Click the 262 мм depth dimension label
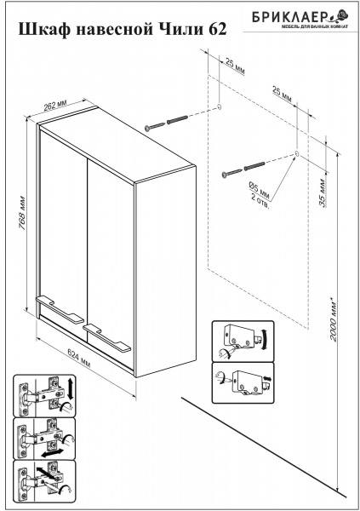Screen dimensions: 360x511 55,105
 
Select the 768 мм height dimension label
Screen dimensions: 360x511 22,213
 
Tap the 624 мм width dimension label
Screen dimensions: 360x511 78,358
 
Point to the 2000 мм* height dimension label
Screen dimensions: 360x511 333,318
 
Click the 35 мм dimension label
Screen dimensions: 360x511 322,192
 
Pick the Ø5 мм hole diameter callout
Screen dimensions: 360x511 260,191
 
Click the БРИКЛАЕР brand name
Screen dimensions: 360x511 289,17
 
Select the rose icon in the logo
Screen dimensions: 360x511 340,15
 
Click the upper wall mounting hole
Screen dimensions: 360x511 219,106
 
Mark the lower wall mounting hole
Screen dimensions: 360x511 296,153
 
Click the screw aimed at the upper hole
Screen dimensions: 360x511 155,126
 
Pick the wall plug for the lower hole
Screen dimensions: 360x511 254,166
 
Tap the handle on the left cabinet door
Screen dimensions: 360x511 59,309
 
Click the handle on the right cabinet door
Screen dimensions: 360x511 107,338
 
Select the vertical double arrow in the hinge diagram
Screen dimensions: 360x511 70,389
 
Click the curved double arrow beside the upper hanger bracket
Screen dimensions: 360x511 266,340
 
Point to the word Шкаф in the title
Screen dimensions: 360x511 44,29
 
